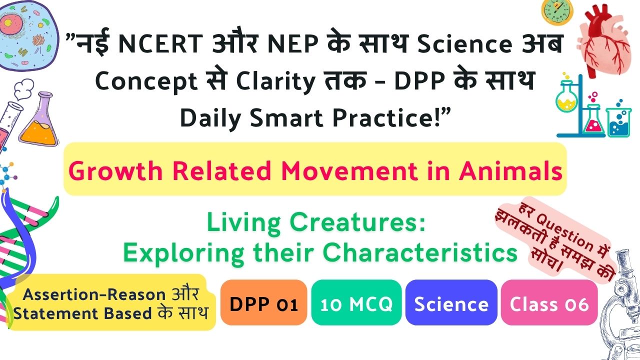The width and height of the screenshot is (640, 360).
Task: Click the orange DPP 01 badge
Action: [263, 302]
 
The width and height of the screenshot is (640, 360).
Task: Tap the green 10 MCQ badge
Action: [356, 302]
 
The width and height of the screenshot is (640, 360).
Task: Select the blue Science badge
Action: [451, 302]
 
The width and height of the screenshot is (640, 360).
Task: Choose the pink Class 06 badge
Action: [549, 302]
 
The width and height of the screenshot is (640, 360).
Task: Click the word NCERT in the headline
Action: [160, 43]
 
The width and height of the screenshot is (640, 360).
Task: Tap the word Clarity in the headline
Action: [275, 81]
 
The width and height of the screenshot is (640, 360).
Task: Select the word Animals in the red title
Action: [510, 171]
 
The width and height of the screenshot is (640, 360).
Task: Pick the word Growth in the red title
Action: [115, 171]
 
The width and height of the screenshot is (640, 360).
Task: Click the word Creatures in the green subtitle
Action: [357, 222]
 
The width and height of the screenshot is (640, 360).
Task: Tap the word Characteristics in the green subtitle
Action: [420, 253]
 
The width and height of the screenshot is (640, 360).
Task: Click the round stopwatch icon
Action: [557, 11]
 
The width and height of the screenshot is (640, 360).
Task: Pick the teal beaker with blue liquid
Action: [618, 120]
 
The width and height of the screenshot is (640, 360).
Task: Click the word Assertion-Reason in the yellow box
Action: [94, 294]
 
